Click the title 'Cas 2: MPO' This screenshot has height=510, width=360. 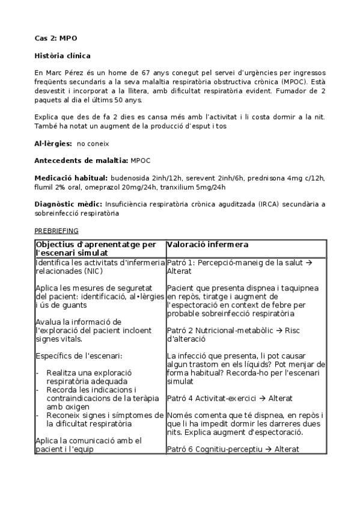pyautogui.click(x=55, y=38)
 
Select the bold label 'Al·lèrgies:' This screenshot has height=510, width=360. pyautogui.click(x=53, y=144)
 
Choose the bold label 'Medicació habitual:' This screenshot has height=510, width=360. pyautogui.click(x=71, y=178)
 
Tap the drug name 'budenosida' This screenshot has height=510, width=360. pyautogui.click(x=130, y=178)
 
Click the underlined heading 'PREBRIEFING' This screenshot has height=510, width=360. pyautogui.click(x=56, y=230)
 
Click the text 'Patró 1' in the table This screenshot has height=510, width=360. pyautogui.click(x=180, y=262)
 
